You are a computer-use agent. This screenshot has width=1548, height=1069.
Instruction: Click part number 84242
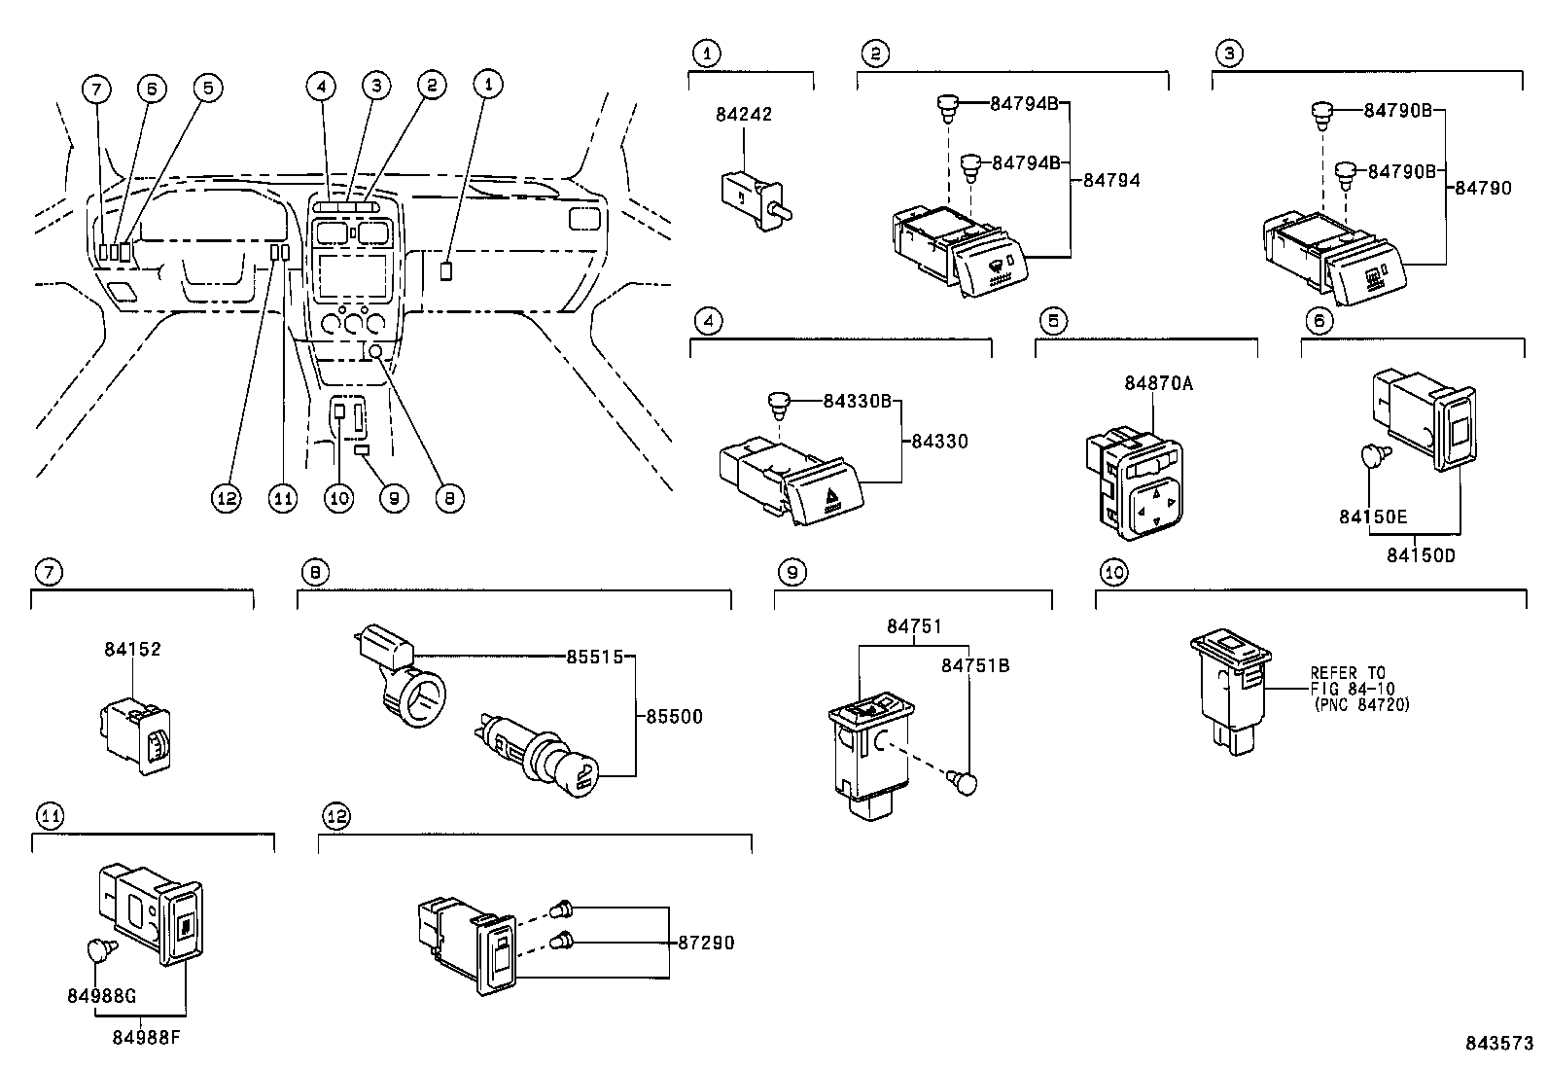pos(743,114)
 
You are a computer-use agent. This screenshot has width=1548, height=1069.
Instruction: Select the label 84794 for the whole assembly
pos(1111,180)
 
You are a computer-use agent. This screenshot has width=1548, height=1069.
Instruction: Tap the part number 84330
pos(939,442)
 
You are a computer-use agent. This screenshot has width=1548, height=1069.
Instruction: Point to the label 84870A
pos(1158,383)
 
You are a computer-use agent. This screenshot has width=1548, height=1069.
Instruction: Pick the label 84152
pos(132,649)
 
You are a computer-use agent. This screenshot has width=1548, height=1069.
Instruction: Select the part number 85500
pos(673,717)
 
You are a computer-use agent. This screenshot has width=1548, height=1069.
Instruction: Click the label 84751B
pos(974,665)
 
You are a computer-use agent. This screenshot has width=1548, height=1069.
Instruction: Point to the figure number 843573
pos(1498,1043)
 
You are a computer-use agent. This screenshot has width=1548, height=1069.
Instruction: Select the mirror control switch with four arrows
pos(1148,501)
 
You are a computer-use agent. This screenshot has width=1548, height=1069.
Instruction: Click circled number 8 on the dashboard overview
pos(449,499)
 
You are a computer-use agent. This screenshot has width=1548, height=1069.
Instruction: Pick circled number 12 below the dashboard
pos(227,499)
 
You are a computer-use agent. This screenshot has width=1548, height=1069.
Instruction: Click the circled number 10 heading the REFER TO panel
pos(1113,573)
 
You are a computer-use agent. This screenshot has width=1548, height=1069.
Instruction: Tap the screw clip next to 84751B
pos(966,783)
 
